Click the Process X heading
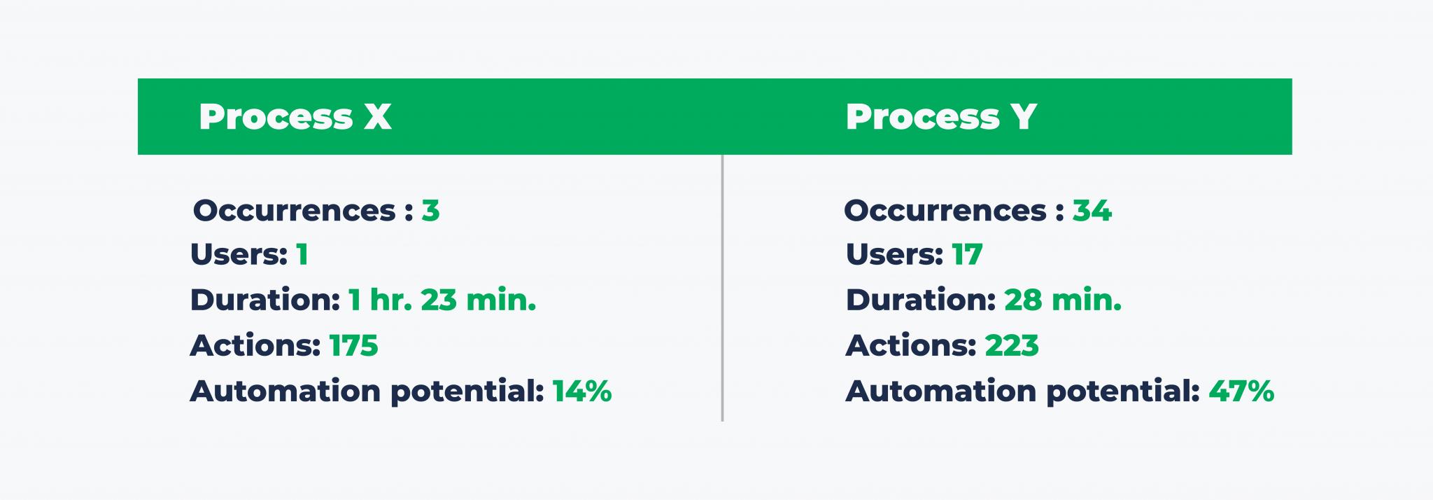point(295,117)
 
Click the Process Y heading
point(941,117)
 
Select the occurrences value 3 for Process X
point(430,211)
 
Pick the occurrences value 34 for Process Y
point(1092,211)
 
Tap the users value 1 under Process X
point(302,255)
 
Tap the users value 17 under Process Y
point(967,255)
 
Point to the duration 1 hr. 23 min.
point(442,300)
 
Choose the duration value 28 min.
point(1063,300)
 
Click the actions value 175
point(353,346)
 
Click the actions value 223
point(1012,346)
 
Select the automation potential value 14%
point(582,391)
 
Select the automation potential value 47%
point(1241,391)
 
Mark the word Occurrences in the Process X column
point(295,211)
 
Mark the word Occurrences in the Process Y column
point(945,211)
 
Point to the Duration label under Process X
point(265,300)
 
